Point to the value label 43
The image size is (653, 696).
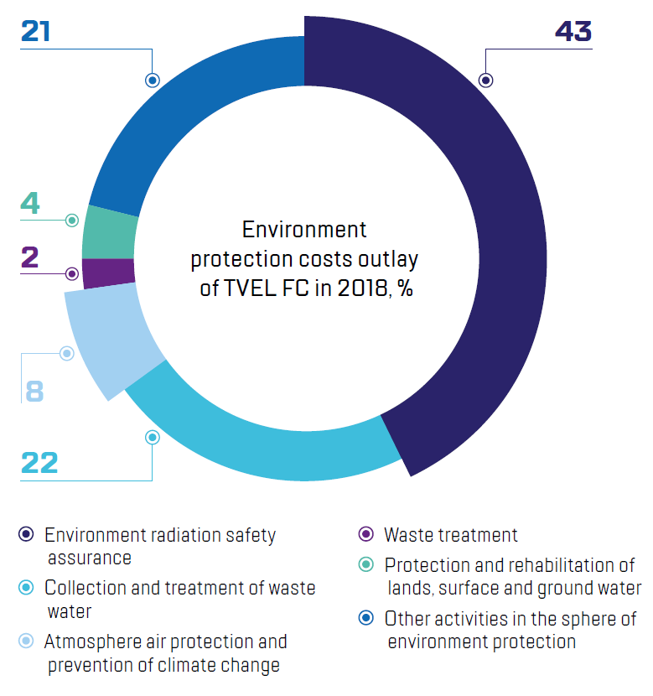(573, 32)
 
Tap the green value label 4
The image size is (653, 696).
(30, 204)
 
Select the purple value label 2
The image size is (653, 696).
(30, 257)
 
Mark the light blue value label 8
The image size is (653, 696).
(34, 391)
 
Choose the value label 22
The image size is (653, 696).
(39, 462)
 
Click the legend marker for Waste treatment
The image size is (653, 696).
(365, 535)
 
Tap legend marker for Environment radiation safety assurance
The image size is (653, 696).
(26, 535)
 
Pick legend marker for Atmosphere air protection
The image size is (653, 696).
(26, 641)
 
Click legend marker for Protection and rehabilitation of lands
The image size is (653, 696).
(365, 565)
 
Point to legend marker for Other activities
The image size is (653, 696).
(365, 620)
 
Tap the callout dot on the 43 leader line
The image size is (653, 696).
(485, 81)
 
